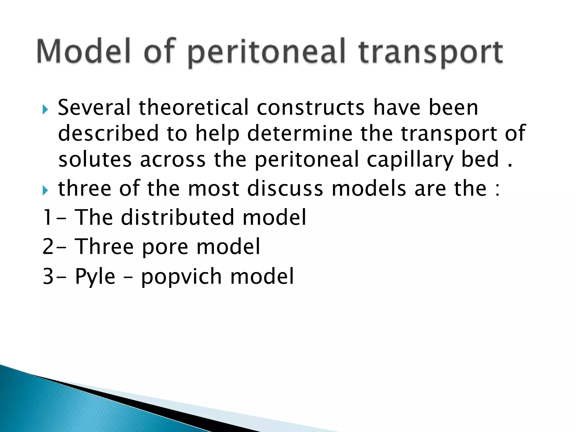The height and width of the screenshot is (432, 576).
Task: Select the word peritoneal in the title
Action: pos(266,53)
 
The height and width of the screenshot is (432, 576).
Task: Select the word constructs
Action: pos(311,108)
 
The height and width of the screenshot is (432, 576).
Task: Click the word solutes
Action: pos(95,159)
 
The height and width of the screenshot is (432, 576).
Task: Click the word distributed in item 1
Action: pos(177,217)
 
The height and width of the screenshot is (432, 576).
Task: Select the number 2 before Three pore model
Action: pos(48,246)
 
